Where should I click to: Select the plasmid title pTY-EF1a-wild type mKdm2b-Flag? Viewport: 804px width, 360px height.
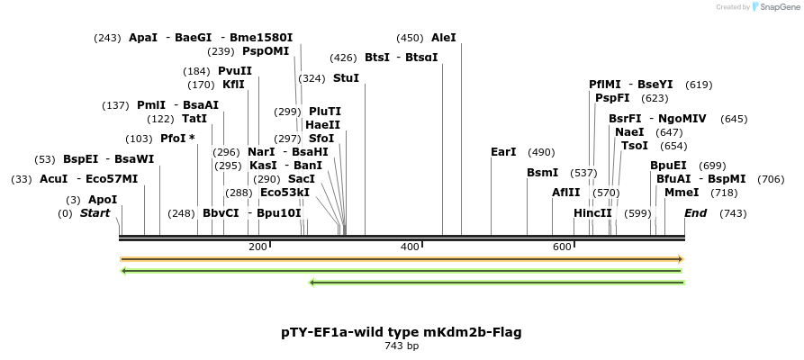402,332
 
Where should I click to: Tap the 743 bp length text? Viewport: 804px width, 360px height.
402,346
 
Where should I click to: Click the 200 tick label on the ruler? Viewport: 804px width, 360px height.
257,247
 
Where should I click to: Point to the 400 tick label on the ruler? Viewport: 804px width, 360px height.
410,247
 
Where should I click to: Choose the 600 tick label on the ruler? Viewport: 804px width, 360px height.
563,247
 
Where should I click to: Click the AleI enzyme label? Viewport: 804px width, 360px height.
444,38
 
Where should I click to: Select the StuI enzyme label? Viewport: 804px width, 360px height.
346,78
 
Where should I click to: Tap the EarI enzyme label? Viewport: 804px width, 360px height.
503,152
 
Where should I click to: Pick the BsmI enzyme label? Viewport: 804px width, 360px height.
543,173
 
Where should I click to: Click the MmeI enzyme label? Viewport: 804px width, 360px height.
682,193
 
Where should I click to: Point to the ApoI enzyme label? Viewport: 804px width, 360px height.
103,200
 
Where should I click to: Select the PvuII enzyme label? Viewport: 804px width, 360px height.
235,71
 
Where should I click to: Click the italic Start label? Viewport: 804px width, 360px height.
95,213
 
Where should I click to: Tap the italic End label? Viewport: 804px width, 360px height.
695,213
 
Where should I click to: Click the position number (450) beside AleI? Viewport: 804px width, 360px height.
410,38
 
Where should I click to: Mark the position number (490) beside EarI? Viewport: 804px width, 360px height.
541,152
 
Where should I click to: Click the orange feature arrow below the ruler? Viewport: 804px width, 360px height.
402,259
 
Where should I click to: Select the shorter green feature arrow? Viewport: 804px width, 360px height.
496,283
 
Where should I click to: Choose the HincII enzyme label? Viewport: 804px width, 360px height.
592,213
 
